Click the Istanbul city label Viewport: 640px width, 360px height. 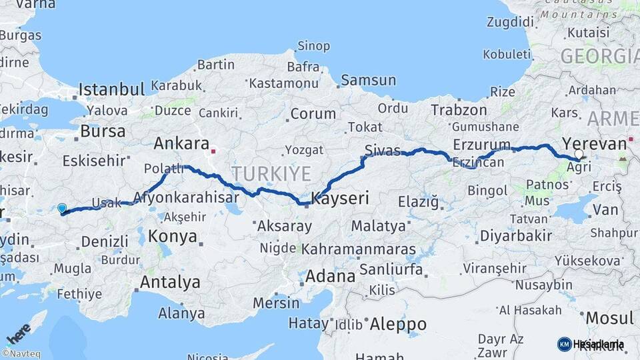111,89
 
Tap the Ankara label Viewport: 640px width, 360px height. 181,143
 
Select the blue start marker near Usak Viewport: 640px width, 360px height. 62,209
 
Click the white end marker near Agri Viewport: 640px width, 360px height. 579,154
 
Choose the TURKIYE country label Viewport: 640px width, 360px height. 271,174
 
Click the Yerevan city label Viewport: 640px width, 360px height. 594,143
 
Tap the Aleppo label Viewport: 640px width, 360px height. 397,324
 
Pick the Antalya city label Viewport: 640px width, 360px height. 169,282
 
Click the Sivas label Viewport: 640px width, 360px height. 383,149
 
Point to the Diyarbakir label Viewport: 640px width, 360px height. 516,235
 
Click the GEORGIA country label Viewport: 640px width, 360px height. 599,56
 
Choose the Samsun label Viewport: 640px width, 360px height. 368,80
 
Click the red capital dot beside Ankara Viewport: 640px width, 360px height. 213,151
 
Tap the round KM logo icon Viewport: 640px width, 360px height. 564,344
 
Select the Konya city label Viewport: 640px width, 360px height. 173,236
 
